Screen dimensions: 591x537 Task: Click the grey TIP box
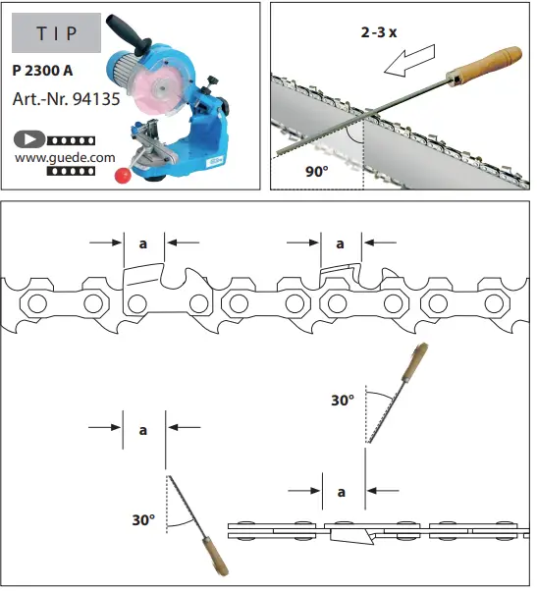tap(56, 32)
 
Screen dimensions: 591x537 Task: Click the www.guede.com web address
tap(60, 155)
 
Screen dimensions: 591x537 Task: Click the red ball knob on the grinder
tap(123, 176)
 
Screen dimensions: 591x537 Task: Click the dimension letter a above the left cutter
tap(143, 242)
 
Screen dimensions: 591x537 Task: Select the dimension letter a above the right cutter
tap(341, 242)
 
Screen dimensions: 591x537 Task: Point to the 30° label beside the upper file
tap(342, 401)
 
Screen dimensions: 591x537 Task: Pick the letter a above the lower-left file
tap(143, 430)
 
